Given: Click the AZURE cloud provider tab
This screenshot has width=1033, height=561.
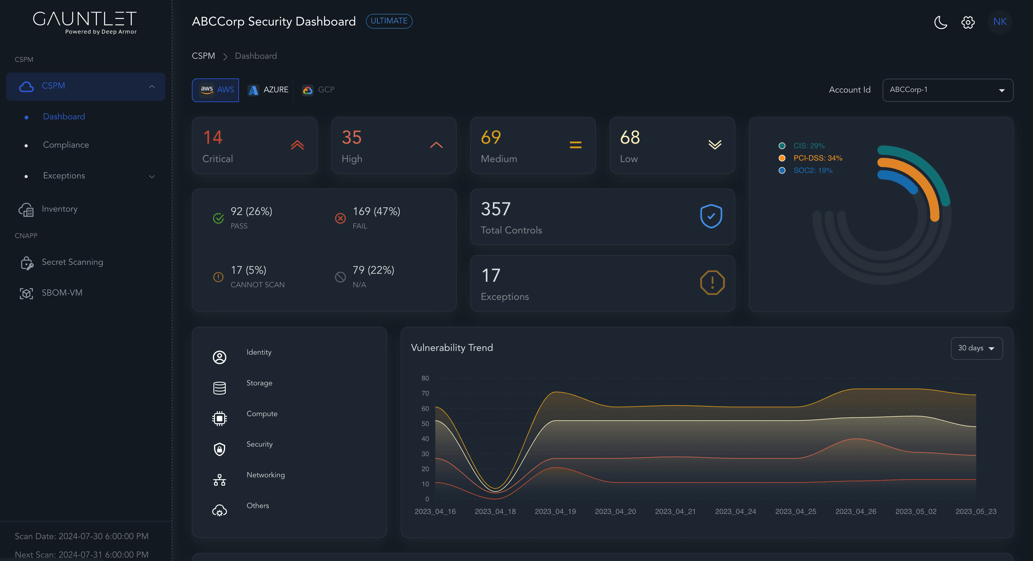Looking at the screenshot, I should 268,90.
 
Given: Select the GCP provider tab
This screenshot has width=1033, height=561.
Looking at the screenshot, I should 318,90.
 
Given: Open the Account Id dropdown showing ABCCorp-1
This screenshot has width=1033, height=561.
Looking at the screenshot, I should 947,90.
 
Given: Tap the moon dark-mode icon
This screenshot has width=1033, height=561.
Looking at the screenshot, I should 940,22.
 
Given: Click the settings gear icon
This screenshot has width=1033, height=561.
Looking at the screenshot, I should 967,22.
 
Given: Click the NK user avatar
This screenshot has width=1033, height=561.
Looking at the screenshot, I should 1000,22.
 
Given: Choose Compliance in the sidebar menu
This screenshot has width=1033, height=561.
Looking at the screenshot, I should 66,145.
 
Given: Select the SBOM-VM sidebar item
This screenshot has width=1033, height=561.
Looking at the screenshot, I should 62,293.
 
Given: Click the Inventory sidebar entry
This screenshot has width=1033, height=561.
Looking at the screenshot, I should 59,209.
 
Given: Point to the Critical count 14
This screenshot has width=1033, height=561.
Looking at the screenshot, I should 213,137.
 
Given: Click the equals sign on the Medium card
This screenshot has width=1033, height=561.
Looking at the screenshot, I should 575,145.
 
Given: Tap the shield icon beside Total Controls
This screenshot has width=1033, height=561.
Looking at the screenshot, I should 711,216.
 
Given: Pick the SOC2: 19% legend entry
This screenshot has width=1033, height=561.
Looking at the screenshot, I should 812,170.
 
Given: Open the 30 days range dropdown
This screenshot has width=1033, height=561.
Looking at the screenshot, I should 976,348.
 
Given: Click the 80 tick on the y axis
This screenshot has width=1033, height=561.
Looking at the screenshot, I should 425,378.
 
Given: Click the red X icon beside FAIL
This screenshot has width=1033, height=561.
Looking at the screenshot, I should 340,218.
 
